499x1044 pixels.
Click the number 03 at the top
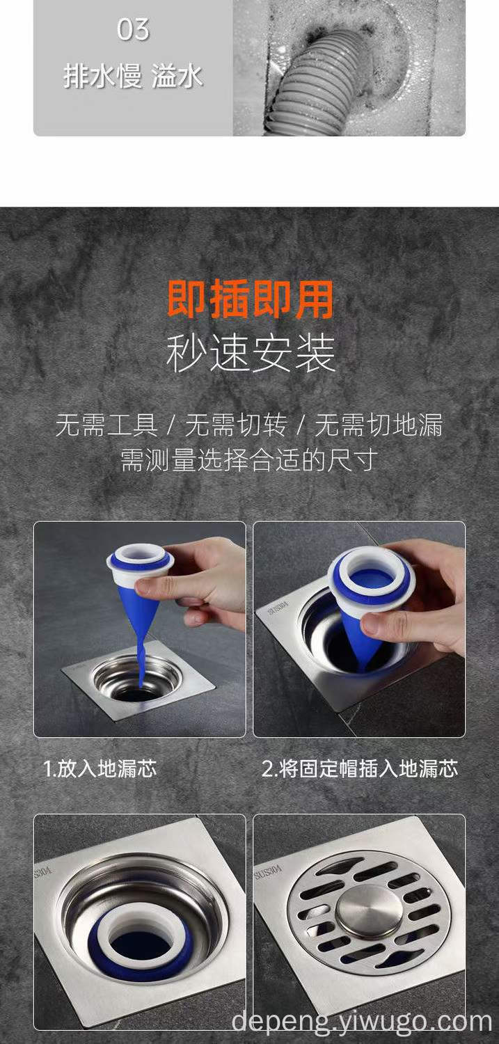[x=133, y=30]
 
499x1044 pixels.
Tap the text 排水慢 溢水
[x=133, y=77]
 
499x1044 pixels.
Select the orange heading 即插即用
[x=251, y=299]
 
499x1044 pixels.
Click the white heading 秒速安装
[x=251, y=354]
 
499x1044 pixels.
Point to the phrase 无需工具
[x=106, y=425]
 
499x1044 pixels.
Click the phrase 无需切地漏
[x=379, y=425]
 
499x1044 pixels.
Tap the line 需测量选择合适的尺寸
[x=249, y=461]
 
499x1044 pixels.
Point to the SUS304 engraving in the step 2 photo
[x=278, y=608]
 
